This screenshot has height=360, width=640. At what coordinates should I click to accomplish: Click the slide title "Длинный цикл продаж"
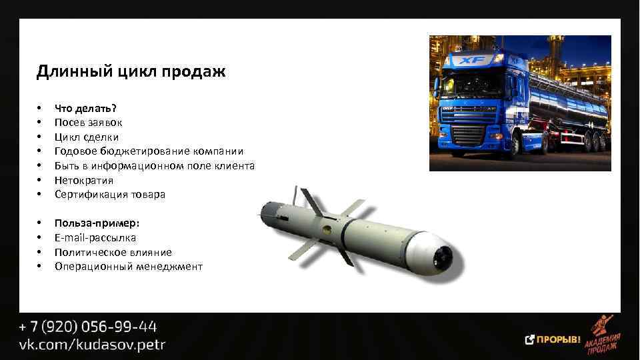tap(131, 71)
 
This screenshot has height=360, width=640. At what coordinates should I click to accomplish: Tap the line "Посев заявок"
tap(88, 123)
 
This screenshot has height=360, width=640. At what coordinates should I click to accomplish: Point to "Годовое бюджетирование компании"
tap(149, 151)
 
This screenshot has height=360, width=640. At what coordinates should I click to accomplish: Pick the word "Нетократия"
tap(84, 180)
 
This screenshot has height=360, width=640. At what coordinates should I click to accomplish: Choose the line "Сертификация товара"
tap(109, 195)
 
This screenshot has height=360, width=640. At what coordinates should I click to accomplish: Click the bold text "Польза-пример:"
tap(97, 223)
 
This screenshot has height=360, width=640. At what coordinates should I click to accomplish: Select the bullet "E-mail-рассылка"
tap(95, 238)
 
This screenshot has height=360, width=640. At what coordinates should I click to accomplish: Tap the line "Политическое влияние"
tap(113, 253)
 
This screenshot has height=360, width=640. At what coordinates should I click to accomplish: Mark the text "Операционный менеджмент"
tap(129, 267)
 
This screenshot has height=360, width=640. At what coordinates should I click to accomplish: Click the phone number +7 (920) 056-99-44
tap(88, 327)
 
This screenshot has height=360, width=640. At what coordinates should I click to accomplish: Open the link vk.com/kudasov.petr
tap(92, 345)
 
